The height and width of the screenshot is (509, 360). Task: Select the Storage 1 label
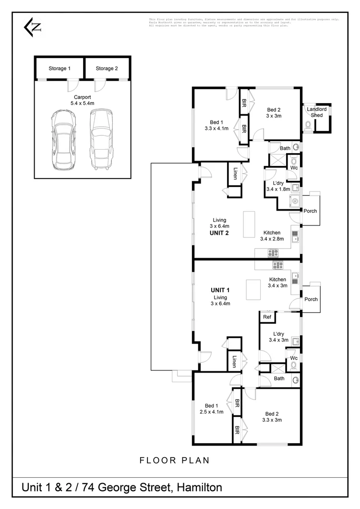tap(60, 69)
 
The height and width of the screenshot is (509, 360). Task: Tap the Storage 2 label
tap(107, 69)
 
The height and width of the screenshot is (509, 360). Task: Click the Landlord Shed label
tap(317, 112)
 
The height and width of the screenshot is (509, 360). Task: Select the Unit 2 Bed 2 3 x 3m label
tap(274, 112)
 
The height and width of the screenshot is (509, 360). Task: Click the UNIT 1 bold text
tap(220, 290)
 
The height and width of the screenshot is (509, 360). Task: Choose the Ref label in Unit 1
tap(267, 317)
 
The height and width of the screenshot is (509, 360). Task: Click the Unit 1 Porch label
tap(311, 299)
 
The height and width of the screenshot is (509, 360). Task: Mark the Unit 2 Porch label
tap(311, 211)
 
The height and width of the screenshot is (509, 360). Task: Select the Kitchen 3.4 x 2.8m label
tap(272, 235)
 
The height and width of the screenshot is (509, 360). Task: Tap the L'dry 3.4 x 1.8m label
tap(278, 186)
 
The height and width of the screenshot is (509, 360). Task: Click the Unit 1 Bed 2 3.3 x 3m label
tap(272, 417)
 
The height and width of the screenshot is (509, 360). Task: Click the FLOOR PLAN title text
tap(174, 461)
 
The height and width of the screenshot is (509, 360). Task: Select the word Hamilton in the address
tap(199, 488)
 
